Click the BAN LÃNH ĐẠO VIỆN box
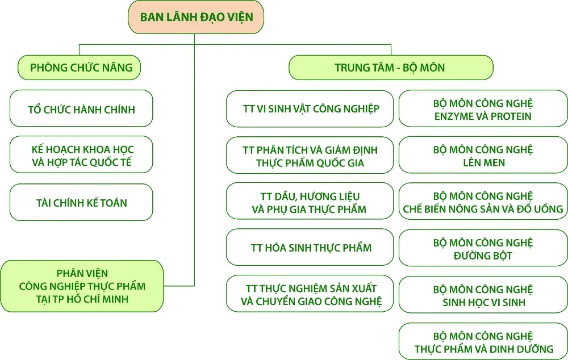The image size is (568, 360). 196,16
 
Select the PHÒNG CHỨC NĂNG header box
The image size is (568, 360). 79,68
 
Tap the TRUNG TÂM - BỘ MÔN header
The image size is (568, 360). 391,68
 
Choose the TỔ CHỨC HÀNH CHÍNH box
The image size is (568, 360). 82,108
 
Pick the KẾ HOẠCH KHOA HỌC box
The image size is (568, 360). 82,155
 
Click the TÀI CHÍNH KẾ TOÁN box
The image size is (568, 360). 82,202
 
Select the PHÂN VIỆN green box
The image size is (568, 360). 82,286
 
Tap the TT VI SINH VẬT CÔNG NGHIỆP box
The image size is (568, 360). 310,108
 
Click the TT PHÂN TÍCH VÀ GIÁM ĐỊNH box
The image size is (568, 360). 310,155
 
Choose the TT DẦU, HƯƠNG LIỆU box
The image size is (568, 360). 310,202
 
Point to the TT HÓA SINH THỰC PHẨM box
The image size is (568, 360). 310,248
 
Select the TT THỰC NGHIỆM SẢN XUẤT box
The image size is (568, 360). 310,294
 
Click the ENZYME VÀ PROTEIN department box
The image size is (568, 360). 483,108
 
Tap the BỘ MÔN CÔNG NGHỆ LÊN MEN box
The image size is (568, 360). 483,155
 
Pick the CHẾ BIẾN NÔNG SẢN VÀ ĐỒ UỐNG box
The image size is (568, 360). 483,202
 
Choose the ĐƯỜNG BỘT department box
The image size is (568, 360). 483,248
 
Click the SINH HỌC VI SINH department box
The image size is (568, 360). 483,295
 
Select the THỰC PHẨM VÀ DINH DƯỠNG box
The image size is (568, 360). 483,341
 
